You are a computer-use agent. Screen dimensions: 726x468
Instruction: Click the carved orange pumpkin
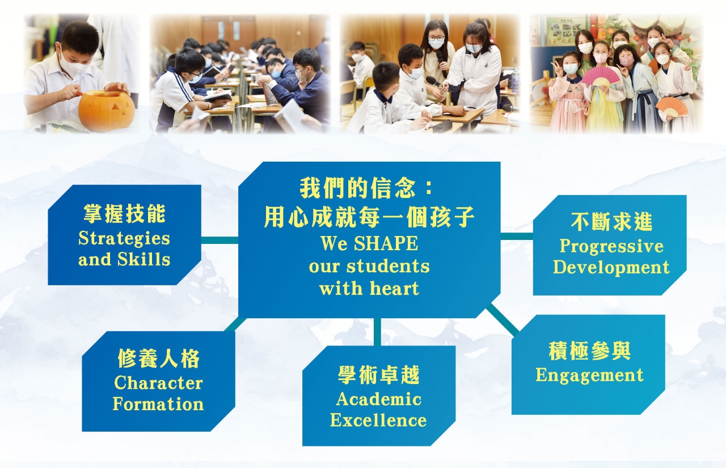pyautogui.click(x=107, y=110)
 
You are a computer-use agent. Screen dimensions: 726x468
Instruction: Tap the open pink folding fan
pyautogui.click(x=600, y=77)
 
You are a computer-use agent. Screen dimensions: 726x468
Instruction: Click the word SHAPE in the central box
pyautogui.click(x=386, y=244)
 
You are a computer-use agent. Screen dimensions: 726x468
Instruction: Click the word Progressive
pyautogui.click(x=611, y=247)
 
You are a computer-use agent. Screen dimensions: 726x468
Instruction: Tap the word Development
pyautogui.click(x=611, y=267)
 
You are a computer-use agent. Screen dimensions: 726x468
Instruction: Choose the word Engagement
pyautogui.click(x=589, y=376)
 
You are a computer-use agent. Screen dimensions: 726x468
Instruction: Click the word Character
pyautogui.click(x=158, y=383)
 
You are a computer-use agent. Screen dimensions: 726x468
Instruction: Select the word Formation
pyautogui.click(x=158, y=404)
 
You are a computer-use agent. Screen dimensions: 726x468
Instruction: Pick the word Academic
pyautogui.click(x=379, y=399)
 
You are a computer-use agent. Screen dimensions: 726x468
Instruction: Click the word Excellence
pyautogui.click(x=378, y=420)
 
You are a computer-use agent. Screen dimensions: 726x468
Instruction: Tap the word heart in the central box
pyautogui.click(x=394, y=288)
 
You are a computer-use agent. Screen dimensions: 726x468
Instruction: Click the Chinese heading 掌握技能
pyautogui.click(x=124, y=214)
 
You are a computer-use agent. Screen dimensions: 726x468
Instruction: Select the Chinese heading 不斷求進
pyautogui.click(x=611, y=222)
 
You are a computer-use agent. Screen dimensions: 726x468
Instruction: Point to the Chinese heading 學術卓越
pyautogui.click(x=379, y=374)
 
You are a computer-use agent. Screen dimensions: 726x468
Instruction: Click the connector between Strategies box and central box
pyautogui.click(x=220, y=240)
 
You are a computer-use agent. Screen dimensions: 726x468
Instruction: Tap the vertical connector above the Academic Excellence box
pyautogui.click(x=377, y=332)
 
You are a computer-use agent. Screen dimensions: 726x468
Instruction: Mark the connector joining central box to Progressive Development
pyautogui.click(x=517, y=236)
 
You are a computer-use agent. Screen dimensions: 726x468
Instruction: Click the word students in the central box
pyautogui.click(x=389, y=267)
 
